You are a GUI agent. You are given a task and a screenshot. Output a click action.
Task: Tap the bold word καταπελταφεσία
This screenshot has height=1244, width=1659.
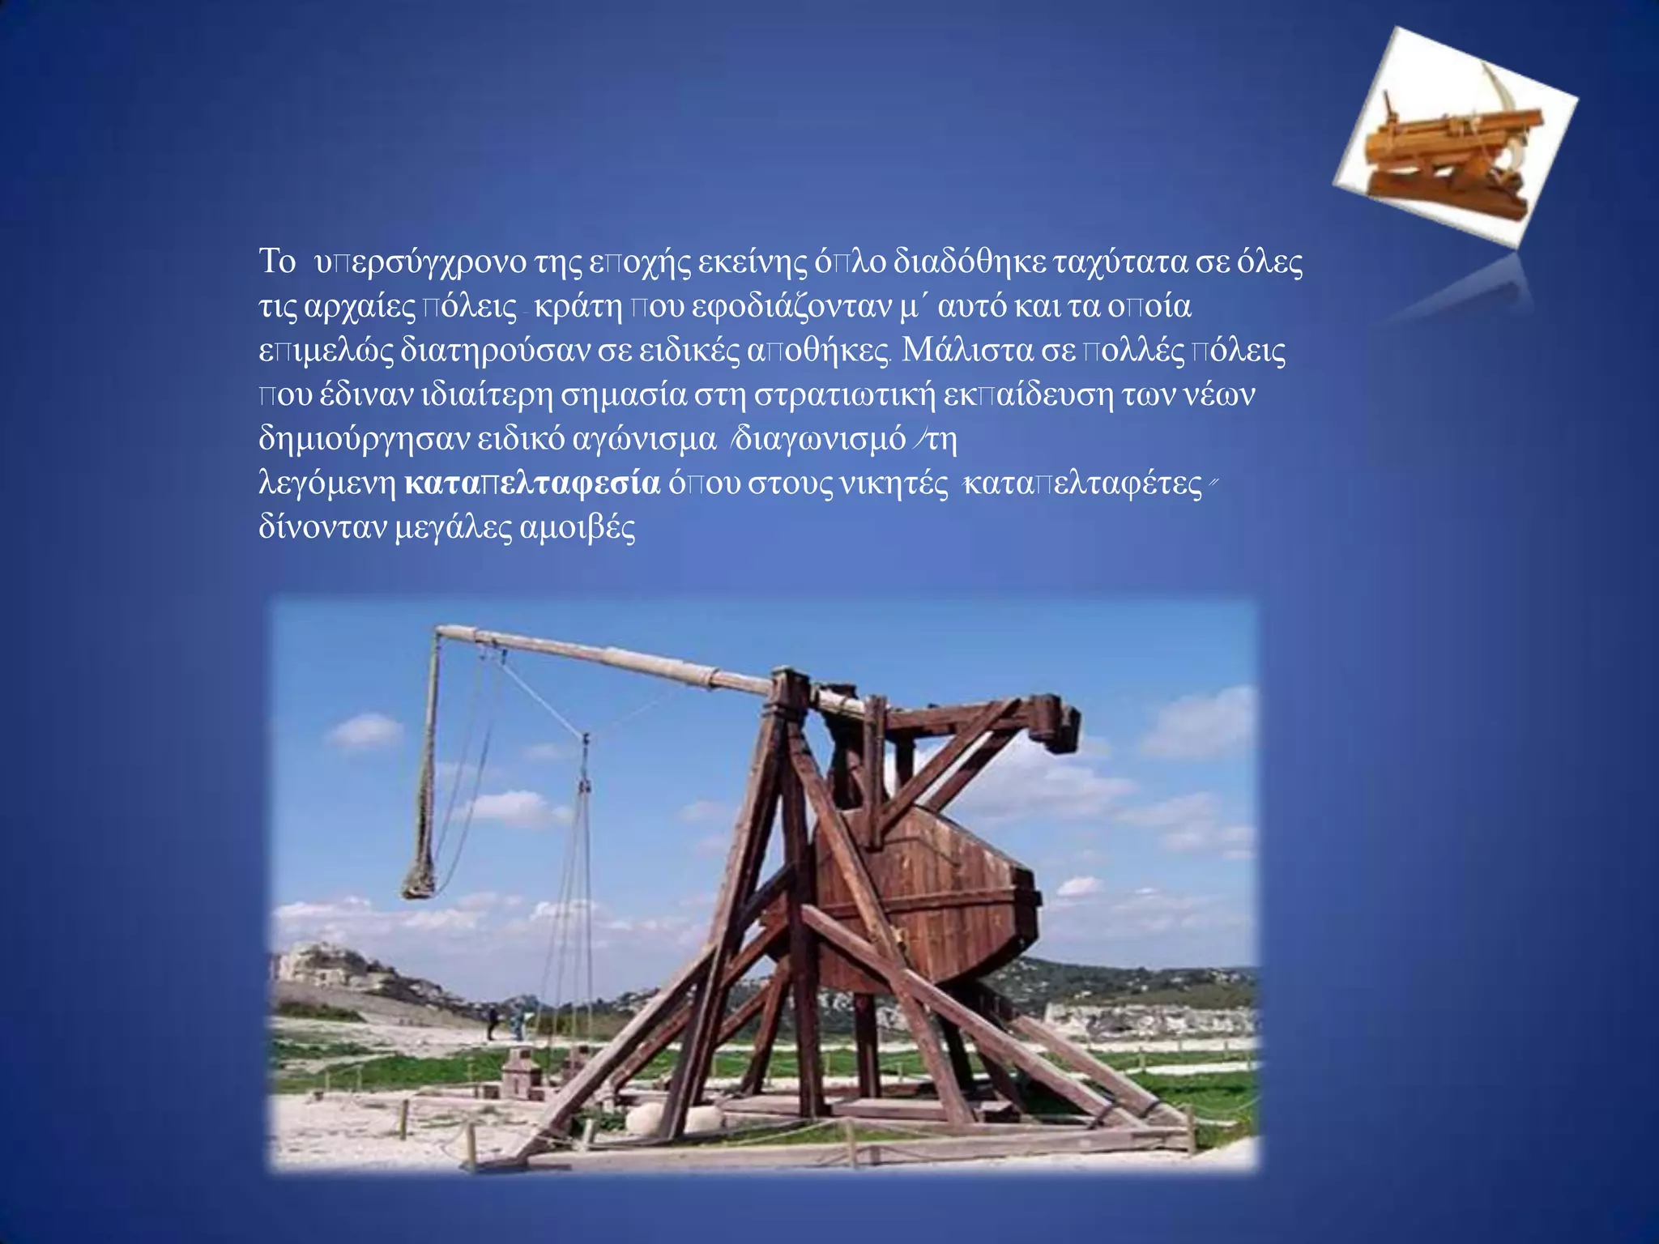click(x=532, y=484)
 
